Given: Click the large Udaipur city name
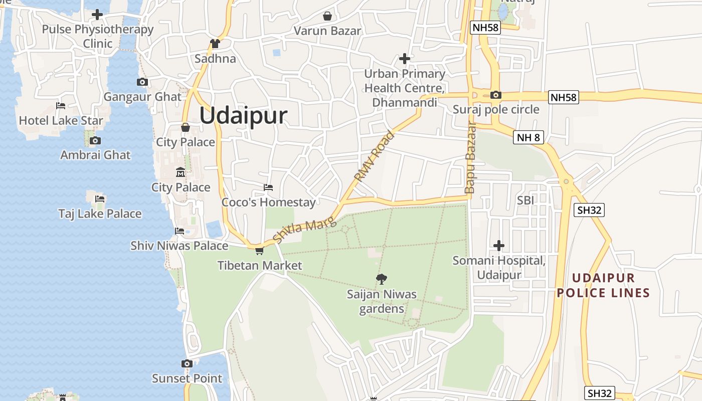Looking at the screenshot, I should click(243, 116).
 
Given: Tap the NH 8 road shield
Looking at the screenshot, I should click(529, 137).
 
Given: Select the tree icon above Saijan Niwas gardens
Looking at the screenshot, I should click(382, 279).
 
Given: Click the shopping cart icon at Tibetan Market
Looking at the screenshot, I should click(259, 250).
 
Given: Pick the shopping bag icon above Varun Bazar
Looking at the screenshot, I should click(327, 16).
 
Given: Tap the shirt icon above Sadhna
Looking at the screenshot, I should click(215, 44).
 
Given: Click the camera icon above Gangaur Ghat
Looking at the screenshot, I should click(142, 82).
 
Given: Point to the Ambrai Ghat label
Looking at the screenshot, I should click(95, 155).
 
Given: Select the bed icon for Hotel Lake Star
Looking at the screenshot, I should click(61, 106).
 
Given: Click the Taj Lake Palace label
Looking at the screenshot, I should click(100, 214).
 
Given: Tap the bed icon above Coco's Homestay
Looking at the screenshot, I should click(268, 187).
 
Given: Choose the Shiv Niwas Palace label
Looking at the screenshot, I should click(179, 246).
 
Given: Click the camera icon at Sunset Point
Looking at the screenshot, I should click(187, 363).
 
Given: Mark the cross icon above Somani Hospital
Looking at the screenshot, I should click(498, 246).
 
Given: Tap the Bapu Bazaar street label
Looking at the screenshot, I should click(470, 157).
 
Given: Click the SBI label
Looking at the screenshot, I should click(525, 200).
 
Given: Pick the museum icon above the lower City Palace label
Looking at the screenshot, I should click(181, 173).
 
